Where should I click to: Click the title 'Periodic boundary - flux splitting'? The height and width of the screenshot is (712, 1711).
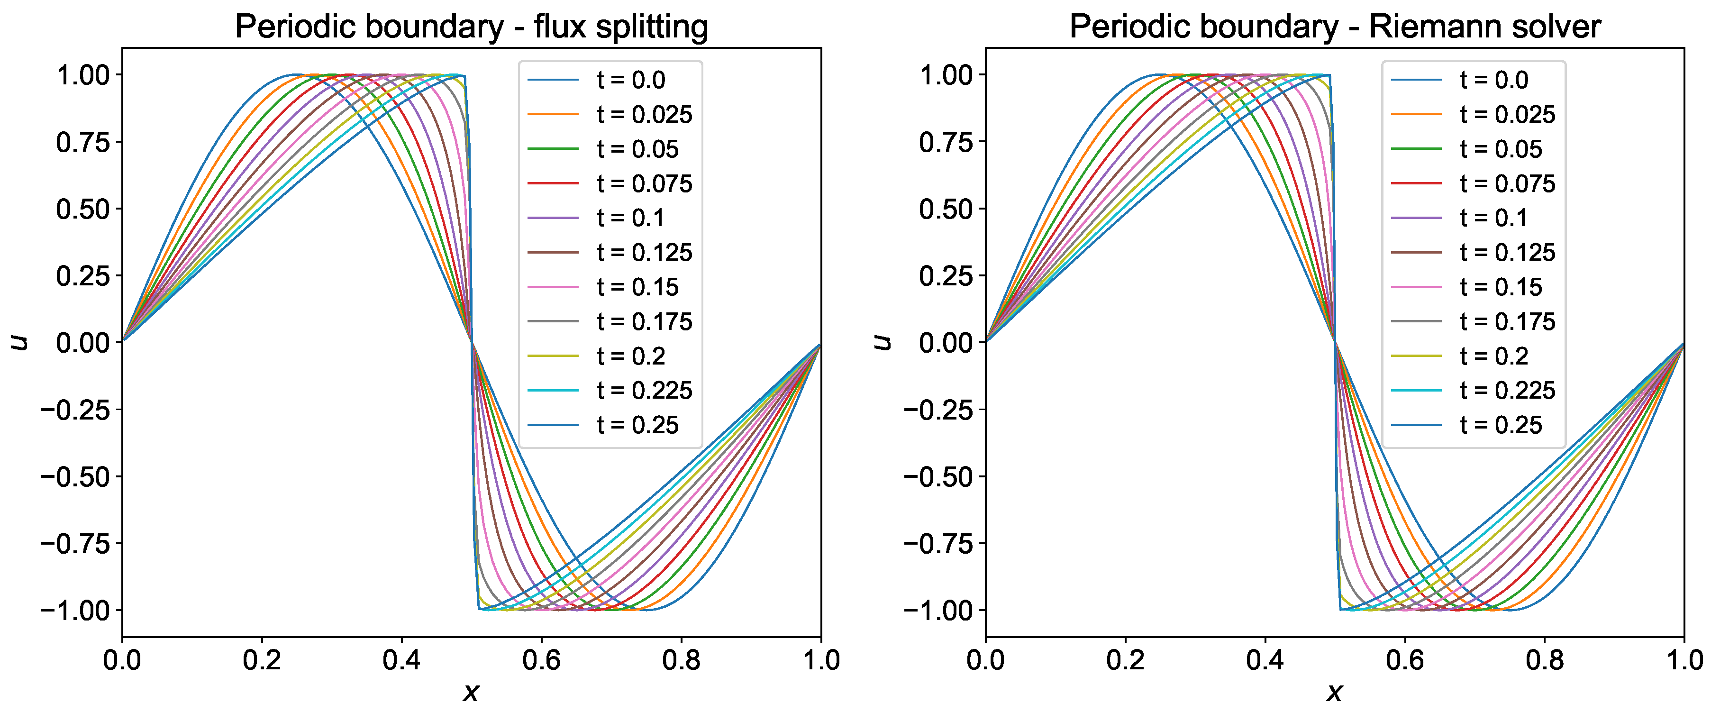(x=472, y=27)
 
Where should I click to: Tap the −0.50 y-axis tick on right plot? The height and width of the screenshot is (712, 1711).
(x=937, y=477)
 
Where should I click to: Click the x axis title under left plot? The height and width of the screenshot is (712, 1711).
(x=471, y=693)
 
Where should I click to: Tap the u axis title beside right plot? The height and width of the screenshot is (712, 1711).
(x=882, y=342)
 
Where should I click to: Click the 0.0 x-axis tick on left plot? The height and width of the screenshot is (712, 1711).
(x=122, y=661)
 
